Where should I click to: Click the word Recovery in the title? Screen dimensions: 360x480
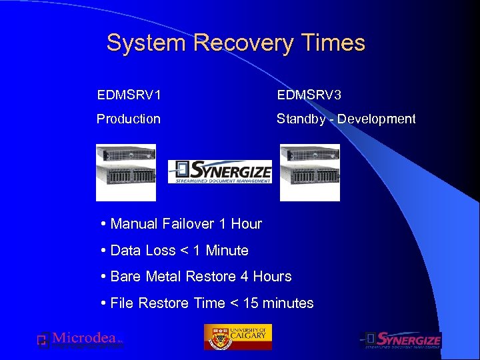click(243, 43)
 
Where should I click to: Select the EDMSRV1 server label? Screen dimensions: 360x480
click(129, 95)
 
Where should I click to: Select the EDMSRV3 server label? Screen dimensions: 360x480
click(309, 95)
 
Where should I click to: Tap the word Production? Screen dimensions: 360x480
click(129, 119)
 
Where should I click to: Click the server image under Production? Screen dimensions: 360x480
click(126, 172)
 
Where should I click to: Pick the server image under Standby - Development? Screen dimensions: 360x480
click(309, 172)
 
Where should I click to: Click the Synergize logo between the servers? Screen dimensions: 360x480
click(219, 171)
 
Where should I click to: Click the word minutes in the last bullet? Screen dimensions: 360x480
click(288, 303)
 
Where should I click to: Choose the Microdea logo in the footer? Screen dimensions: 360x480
click(80, 339)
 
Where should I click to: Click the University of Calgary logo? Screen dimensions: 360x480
click(238, 337)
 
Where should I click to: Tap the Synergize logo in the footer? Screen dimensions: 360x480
click(401, 340)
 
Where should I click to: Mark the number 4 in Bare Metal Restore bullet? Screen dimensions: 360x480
click(245, 277)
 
